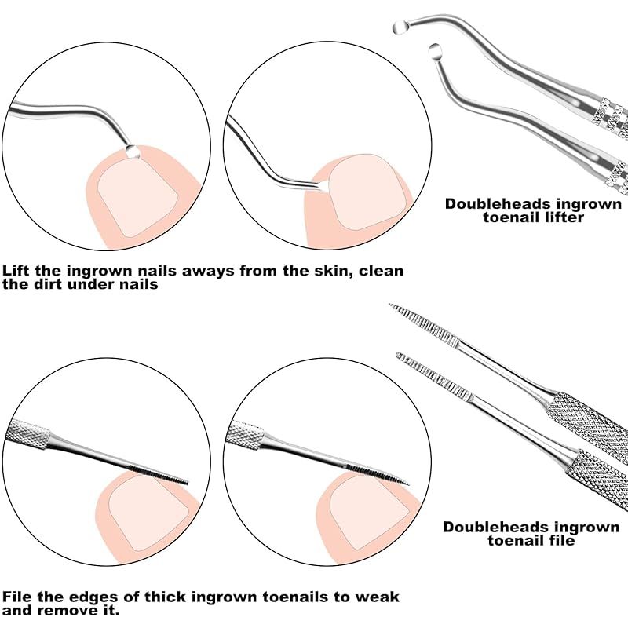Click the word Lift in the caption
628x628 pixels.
tap(16, 270)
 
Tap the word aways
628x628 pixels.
tap(208, 271)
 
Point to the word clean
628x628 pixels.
tap(381, 270)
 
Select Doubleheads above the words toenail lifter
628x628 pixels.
tap(498, 203)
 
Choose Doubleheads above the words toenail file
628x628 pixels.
tap(496, 527)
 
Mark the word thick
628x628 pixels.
tap(165, 597)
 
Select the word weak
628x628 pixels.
tap(378, 597)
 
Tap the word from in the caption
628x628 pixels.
tap(257, 270)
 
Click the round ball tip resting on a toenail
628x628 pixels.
tap(132, 152)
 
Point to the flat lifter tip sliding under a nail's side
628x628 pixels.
tap(323, 185)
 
